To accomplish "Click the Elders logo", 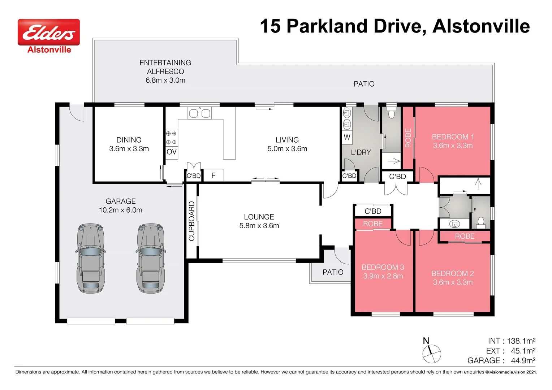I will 49,32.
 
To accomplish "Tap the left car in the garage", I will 90,258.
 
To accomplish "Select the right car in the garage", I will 151,258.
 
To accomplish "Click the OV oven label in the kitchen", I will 172,152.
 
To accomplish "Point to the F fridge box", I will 214,175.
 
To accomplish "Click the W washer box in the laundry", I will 347,137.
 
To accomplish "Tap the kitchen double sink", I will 199,113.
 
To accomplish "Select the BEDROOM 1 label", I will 453,137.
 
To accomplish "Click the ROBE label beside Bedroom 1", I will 408,138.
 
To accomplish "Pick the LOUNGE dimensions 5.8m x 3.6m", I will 259,226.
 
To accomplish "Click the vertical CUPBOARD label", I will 192,221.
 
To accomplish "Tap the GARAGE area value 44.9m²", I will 523,360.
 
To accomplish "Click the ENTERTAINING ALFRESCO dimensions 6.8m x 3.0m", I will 165,80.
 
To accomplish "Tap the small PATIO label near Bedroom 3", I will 333,272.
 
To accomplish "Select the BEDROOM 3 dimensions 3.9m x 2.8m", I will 383,276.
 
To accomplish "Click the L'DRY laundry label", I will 361,152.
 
